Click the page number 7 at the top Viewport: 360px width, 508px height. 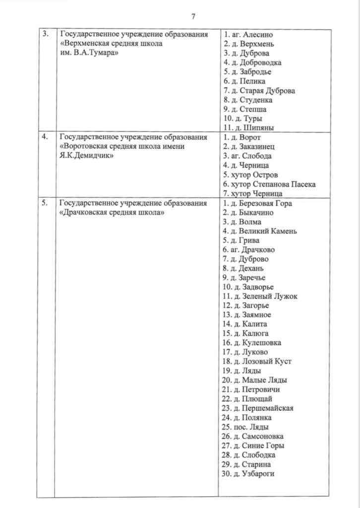(193, 16)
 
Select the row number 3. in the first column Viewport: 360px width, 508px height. (45, 34)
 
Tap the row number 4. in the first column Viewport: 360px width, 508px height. (45, 137)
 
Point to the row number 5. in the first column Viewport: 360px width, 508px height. (45, 203)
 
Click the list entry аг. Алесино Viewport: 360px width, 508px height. (248, 35)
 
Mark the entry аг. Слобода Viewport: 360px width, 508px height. (247, 156)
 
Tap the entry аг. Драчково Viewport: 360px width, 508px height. (249, 250)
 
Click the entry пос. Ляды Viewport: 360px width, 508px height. (246, 427)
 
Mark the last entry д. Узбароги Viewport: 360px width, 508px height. (250, 474)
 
